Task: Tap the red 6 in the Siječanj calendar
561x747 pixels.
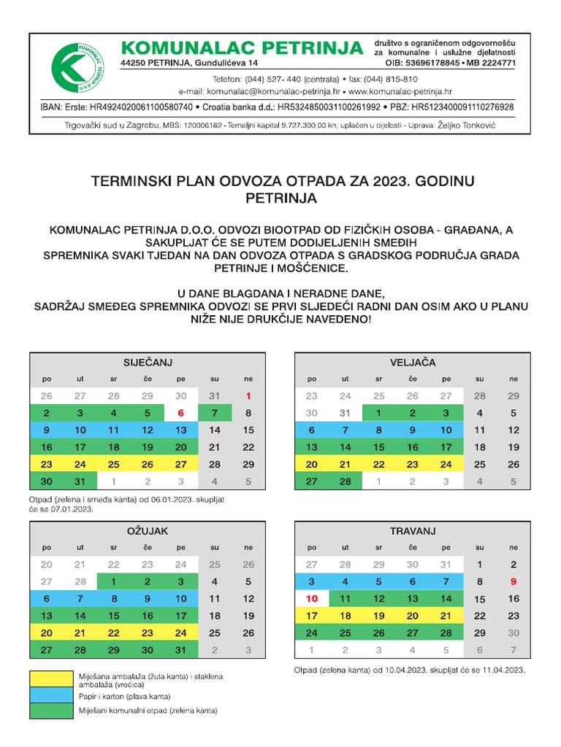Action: click(180, 413)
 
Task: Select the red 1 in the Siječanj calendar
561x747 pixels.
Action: click(248, 396)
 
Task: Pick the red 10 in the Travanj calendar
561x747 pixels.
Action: click(312, 599)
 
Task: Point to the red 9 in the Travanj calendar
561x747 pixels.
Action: click(514, 582)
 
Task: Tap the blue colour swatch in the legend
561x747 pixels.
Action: click(50, 697)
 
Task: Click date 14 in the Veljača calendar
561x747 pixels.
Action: click(346, 447)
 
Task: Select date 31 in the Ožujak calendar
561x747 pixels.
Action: click(180, 649)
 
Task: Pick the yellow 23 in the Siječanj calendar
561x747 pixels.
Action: click(47, 465)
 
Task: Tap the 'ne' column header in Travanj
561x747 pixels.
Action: click(514, 547)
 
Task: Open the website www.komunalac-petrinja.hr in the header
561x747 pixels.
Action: click(401, 92)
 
